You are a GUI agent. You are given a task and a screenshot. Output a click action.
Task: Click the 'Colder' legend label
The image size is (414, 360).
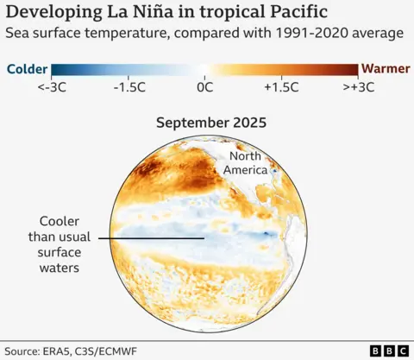[x=26, y=69]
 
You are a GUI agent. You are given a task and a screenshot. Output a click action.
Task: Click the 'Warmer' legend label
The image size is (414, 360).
[x=384, y=69]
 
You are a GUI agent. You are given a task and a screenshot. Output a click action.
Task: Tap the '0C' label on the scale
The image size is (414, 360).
[x=205, y=87]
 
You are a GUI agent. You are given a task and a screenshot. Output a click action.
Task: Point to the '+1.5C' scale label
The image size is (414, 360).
[x=281, y=87]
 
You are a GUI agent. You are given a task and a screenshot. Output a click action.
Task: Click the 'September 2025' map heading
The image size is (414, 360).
[x=210, y=123]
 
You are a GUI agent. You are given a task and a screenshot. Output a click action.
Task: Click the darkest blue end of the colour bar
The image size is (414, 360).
[x=56, y=69]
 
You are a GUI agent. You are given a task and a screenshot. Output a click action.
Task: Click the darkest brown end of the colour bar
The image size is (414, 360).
[x=354, y=69]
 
